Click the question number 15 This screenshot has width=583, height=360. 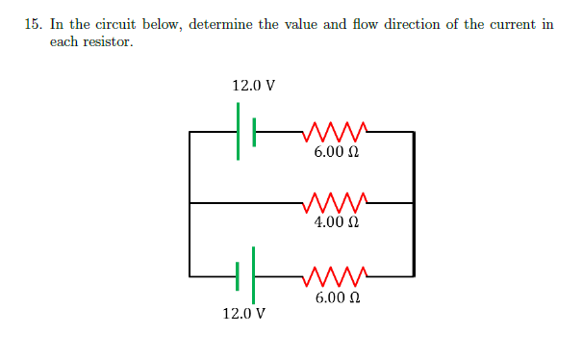click(32, 24)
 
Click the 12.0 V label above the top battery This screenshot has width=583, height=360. click(254, 86)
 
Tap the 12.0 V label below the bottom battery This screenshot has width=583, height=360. click(244, 314)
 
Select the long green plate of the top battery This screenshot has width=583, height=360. click(239, 131)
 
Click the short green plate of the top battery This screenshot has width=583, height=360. click(254, 131)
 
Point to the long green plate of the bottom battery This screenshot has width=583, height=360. click(254, 275)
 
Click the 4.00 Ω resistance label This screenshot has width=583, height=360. click(337, 222)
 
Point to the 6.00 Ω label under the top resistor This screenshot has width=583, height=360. click(337, 151)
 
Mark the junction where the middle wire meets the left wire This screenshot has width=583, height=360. click(190, 203)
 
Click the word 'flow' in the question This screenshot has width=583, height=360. click(363, 24)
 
